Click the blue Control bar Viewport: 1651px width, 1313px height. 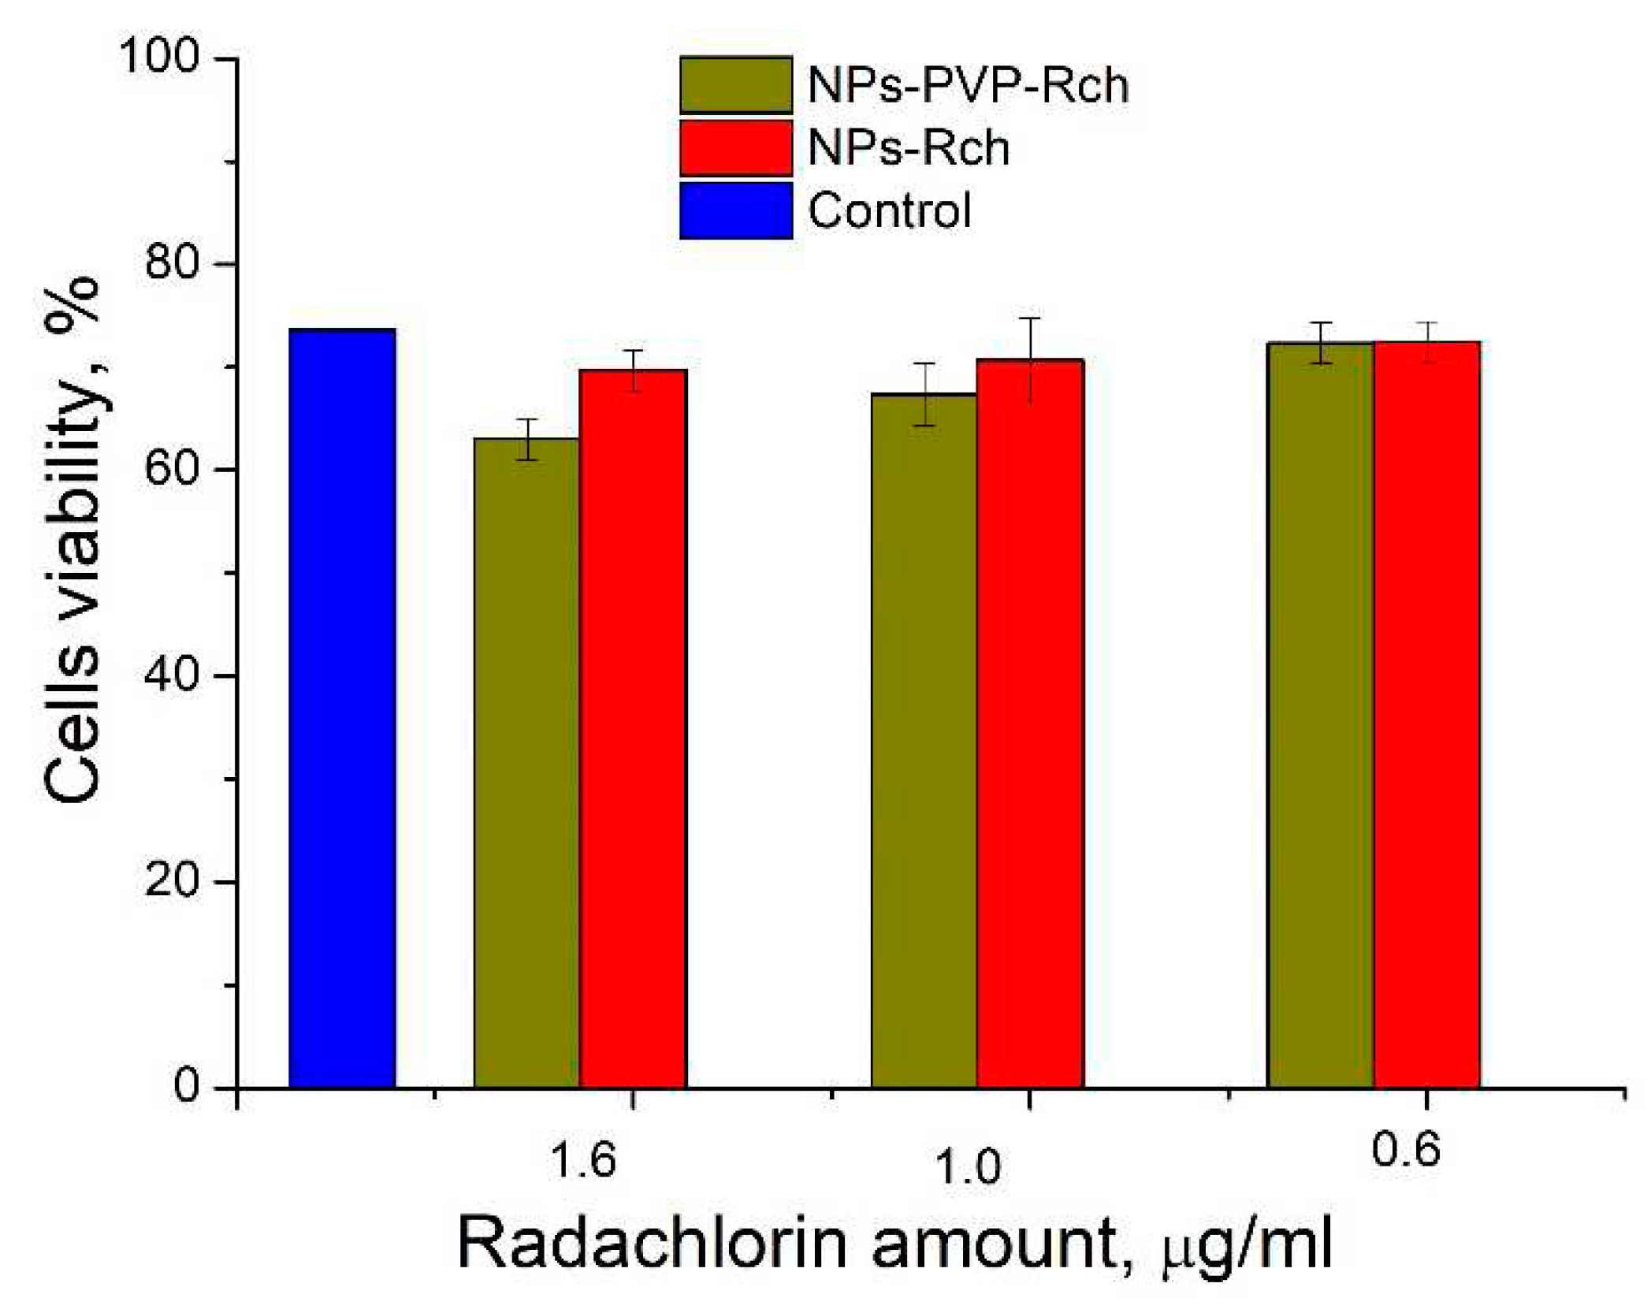tap(342, 709)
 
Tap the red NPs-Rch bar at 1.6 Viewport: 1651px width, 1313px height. tap(633, 729)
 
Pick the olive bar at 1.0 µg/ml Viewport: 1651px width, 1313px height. tap(923, 741)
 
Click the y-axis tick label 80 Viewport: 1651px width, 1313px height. tap(171, 262)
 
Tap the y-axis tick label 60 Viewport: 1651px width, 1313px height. tap(171, 469)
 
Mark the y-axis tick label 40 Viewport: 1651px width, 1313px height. tap(171, 675)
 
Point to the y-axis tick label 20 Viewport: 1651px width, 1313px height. tap(171, 881)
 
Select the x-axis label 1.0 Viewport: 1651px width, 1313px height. tap(967, 1167)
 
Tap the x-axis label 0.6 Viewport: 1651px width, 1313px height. tap(1405, 1148)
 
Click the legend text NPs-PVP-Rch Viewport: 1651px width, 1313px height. tap(968, 84)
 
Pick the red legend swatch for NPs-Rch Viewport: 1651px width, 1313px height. tap(735, 147)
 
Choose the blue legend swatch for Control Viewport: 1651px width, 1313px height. tap(735, 210)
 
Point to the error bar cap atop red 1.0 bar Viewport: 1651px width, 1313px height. tap(1030, 318)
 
